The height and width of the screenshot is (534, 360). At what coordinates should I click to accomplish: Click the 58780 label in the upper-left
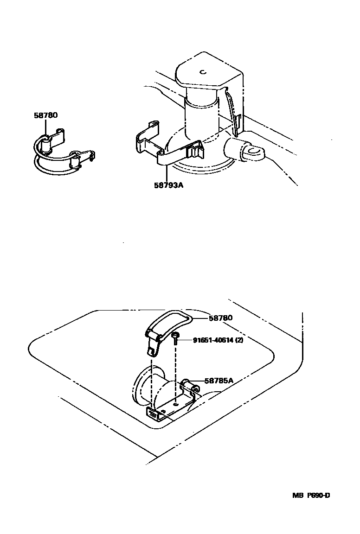click(x=45, y=115)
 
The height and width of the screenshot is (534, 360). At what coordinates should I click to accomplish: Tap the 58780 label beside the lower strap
click(x=220, y=318)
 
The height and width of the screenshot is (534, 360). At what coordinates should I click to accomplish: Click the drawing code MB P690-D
click(x=311, y=495)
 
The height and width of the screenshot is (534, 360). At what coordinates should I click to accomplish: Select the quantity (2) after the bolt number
click(x=239, y=340)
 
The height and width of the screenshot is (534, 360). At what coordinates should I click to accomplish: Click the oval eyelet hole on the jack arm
click(x=253, y=151)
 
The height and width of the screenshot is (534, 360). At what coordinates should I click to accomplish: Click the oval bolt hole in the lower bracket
click(x=178, y=403)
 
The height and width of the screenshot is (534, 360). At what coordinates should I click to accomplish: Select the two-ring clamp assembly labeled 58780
click(x=63, y=153)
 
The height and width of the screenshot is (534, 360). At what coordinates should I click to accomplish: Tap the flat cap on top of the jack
click(x=206, y=74)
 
